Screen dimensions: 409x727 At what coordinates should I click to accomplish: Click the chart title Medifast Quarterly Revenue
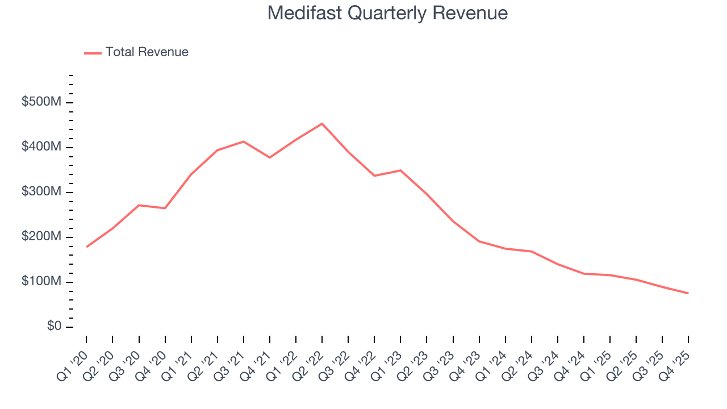pos(387,13)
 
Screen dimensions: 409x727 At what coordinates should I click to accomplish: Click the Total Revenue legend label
pos(147,52)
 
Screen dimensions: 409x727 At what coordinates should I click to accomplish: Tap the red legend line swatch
pos(93,53)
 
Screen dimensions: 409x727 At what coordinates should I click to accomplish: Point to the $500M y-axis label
pos(42,102)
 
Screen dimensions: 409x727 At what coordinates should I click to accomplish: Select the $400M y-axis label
pos(42,147)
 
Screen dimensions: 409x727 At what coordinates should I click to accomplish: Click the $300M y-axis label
pos(42,192)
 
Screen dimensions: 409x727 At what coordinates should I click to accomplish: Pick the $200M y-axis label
pos(42,237)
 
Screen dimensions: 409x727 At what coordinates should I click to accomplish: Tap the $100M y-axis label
pos(42,282)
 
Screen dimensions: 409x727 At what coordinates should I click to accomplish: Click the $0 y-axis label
pos(54,327)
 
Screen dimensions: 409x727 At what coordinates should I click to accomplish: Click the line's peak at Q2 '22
pos(322,123)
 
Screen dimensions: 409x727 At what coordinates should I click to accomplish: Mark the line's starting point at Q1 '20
pos(87,247)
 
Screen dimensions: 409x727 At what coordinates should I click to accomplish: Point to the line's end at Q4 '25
pos(688,293)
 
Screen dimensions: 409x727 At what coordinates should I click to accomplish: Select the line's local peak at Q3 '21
pos(244,141)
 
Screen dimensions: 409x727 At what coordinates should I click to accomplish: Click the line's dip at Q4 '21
pos(270,157)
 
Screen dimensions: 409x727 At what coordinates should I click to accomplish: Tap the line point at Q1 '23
pos(400,170)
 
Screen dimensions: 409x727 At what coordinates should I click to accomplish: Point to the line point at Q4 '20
pos(165,208)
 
